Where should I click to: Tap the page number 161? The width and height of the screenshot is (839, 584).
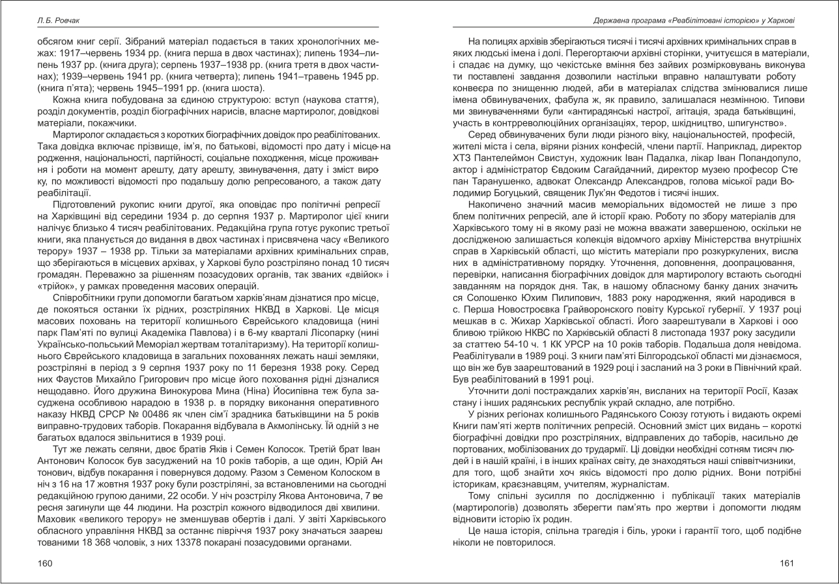point(787,563)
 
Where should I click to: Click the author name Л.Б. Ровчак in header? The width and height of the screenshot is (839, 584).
point(57,21)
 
